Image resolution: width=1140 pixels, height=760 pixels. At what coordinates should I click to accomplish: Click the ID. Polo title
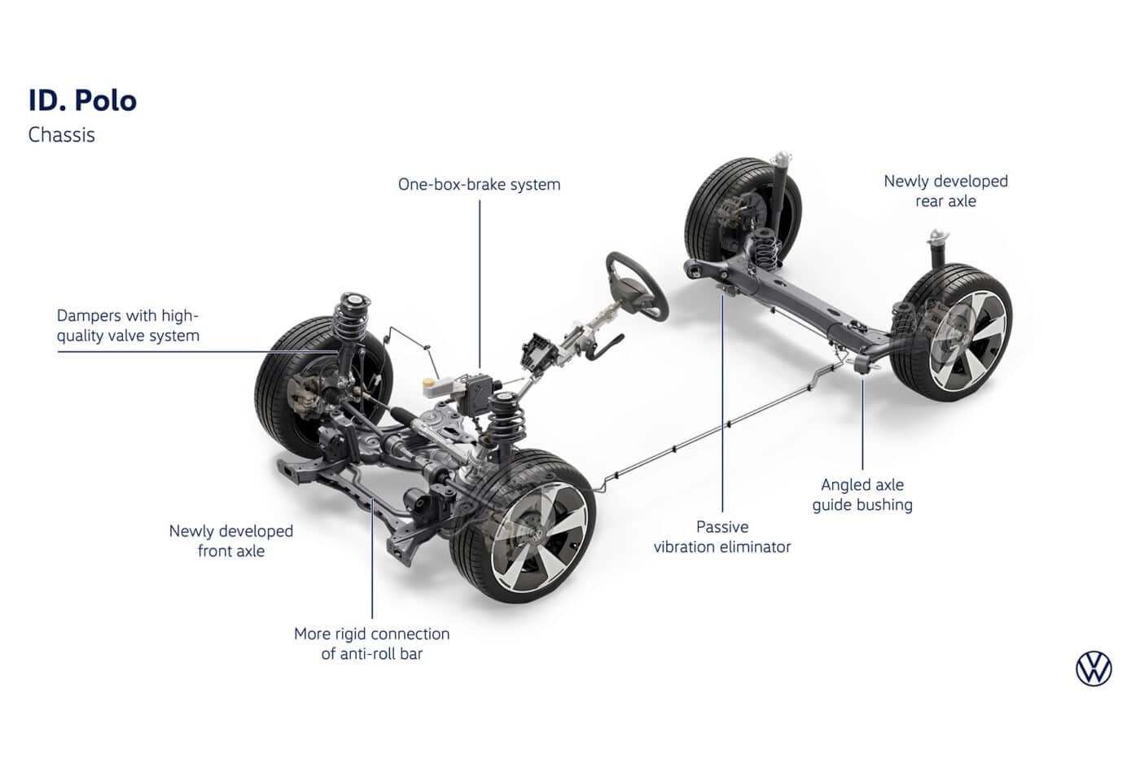pyautogui.click(x=82, y=100)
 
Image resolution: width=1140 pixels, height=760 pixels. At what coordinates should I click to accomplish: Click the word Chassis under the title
pyautogui.click(x=61, y=135)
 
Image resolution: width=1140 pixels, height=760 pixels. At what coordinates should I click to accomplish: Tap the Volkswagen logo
pyautogui.click(x=1093, y=669)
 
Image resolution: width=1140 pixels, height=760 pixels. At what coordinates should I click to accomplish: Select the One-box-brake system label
pyautogui.click(x=479, y=185)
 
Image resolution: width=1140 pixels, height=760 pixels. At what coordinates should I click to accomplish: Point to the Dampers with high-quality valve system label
pyautogui.click(x=128, y=326)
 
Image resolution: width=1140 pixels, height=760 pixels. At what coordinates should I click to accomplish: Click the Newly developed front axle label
pyautogui.click(x=230, y=541)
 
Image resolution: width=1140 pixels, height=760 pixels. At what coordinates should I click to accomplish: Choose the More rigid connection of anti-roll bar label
pyautogui.click(x=371, y=644)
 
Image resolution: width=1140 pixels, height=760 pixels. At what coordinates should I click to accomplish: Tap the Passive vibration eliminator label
pyautogui.click(x=721, y=537)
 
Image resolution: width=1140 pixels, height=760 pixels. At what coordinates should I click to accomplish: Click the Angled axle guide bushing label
pyautogui.click(x=862, y=494)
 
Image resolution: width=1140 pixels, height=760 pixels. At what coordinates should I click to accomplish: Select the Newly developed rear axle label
pyautogui.click(x=945, y=191)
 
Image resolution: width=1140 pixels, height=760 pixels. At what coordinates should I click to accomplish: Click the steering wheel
pyautogui.click(x=636, y=285)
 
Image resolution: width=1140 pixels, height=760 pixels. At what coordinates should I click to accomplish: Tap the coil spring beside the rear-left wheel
pyautogui.click(x=763, y=244)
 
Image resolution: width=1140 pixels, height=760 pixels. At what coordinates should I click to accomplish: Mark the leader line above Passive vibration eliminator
pyautogui.click(x=722, y=407)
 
